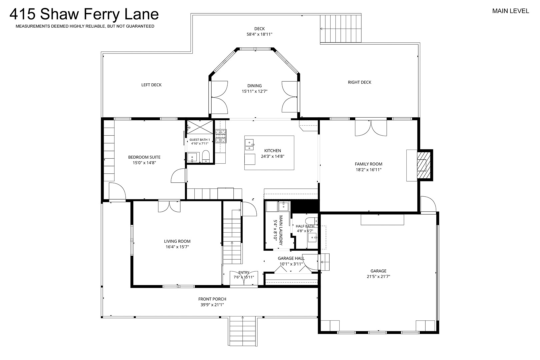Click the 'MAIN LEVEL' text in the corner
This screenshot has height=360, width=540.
click(511, 11)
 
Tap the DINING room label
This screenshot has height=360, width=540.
click(255, 86)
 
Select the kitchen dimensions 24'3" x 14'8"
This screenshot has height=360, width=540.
click(273, 156)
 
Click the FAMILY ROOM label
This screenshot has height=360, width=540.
click(368, 164)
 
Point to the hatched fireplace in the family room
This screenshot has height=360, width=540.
click(424, 165)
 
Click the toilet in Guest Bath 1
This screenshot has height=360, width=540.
click(206, 156)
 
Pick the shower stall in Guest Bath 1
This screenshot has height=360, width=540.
click(200, 127)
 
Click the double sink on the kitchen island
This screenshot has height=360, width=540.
click(250, 145)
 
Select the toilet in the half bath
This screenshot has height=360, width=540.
click(311, 221)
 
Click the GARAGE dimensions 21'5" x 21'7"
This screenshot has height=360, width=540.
click(378, 277)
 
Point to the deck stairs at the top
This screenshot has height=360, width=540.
click(341, 29)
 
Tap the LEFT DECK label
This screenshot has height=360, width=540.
click(151, 85)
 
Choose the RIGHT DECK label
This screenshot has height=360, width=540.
click(359, 82)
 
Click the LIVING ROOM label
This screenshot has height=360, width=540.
click(177, 241)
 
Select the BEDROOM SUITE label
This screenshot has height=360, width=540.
click(144, 157)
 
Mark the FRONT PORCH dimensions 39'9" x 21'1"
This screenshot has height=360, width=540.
click(212, 305)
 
